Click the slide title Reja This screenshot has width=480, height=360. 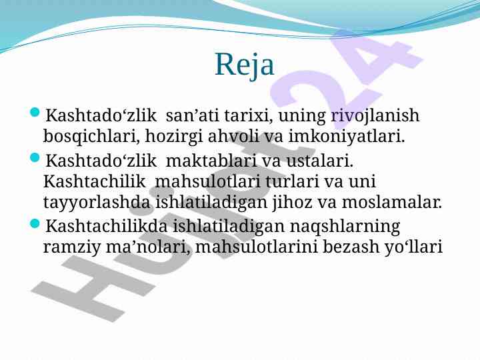point(245,65)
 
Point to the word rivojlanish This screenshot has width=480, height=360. point(375,116)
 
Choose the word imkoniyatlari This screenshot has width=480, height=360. point(347,136)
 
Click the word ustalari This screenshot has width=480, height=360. point(320,161)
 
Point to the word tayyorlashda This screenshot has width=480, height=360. point(97,203)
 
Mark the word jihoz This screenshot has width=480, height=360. point(292,203)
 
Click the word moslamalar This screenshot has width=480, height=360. point(392,203)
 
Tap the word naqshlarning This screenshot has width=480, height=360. point(345,227)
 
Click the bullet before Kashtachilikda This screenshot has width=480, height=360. point(35,224)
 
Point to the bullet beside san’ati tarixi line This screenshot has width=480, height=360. point(35,113)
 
